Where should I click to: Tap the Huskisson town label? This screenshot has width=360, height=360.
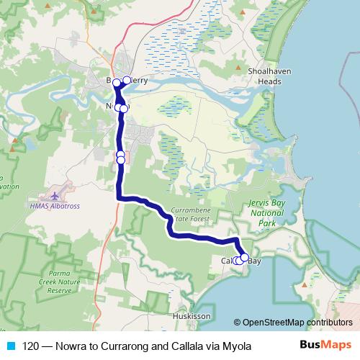192,316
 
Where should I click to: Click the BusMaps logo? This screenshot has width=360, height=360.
326,346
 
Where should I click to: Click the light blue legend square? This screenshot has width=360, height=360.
9,346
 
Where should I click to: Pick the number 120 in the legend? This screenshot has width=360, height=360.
32,346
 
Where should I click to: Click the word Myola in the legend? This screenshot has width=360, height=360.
237,346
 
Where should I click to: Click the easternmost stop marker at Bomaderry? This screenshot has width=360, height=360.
127,80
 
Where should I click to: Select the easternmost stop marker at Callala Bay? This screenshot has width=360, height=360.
245,257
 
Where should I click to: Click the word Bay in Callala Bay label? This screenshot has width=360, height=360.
254,261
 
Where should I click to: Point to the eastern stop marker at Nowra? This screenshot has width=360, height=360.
124,108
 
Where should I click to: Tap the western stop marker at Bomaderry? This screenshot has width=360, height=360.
114,81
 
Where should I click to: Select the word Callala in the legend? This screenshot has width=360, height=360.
186,346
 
